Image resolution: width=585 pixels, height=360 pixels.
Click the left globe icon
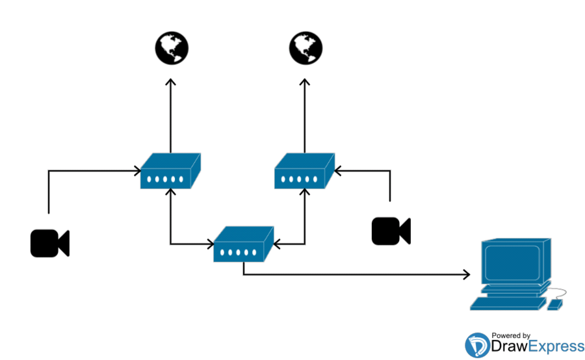[171, 47]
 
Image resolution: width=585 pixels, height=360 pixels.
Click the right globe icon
[305, 47]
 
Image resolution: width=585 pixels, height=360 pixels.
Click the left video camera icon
[49, 243]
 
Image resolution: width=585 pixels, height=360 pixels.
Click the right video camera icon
[391, 231]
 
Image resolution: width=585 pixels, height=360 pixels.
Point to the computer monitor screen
[511, 261]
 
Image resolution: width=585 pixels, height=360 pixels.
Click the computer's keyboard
[508, 303]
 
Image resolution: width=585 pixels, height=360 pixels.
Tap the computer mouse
[554, 304]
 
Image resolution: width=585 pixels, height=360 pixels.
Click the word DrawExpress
[538, 347]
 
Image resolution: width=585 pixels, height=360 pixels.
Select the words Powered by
[511, 335]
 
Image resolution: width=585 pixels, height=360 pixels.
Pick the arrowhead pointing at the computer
[466, 274]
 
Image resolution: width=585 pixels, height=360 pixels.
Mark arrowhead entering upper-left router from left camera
[138, 171]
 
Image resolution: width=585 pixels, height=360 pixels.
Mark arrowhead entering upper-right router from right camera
[337, 171]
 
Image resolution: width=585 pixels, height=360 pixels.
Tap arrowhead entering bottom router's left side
[211, 244]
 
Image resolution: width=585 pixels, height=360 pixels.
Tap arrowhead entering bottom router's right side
[276, 244]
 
